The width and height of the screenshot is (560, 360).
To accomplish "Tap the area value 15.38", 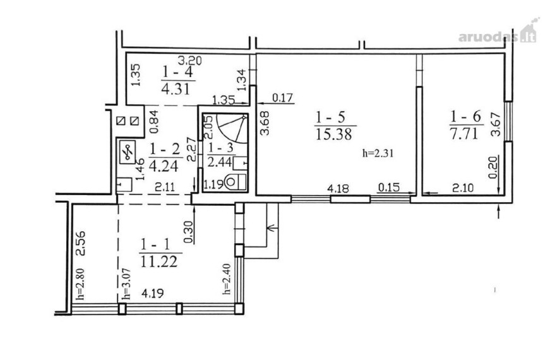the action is point(334,135).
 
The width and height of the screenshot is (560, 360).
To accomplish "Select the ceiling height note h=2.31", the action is point(378,153).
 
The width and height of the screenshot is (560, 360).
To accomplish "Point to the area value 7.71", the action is point(463,134).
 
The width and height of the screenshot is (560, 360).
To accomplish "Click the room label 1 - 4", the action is point(177,72).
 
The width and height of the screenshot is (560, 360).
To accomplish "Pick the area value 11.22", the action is point(159,261).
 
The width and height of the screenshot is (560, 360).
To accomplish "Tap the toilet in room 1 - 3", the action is point(235,181).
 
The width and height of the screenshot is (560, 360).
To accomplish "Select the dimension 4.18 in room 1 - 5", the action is point(338,188).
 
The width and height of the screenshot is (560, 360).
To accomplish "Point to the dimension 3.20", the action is point(189,61).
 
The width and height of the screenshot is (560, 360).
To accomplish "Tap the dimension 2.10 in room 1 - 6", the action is point(463,188).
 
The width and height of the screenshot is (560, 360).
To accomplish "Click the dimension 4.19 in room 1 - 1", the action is point(153,293).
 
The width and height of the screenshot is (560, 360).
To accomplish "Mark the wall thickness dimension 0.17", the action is point(282,97).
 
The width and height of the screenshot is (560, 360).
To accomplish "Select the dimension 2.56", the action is point(81,243).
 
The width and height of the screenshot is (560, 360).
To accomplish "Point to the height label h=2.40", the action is point(227,279).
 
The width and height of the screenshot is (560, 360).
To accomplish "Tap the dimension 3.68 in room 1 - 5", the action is point(265,123).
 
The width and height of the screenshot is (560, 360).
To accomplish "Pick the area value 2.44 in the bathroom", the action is point(219,162).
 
